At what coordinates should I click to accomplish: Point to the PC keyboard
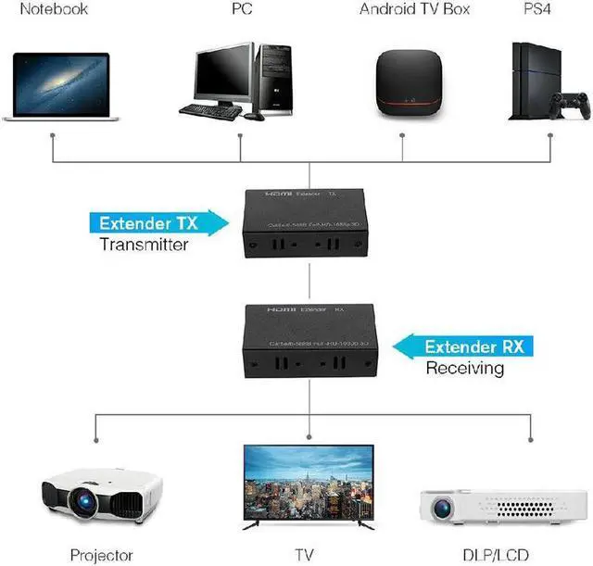[209, 110]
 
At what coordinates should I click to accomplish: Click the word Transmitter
[144, 245]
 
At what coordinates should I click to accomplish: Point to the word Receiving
[464, 369]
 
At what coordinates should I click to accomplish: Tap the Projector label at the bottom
[102, 556]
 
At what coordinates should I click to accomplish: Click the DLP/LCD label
[511, 556]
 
